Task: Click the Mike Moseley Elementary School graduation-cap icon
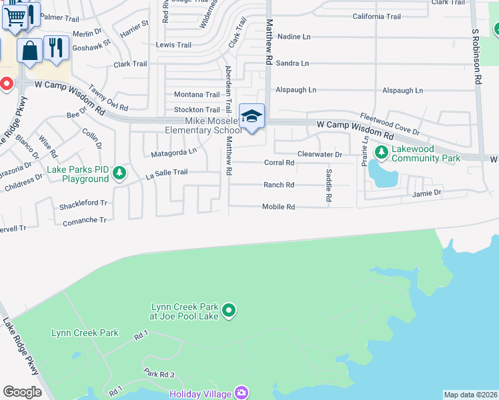tap(252, 116)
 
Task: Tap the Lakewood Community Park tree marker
tap(382, 152)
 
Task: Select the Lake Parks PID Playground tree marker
tap(119, 173)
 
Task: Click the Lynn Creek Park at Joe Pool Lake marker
tap(229, 310)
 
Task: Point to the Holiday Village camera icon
tap(241, 393)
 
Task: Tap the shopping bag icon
tap(29, 50)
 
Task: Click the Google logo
tap(22, 392)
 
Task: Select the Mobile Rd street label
tap(278, 207)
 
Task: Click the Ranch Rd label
tap(279, 185)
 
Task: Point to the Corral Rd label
tap(279, 163)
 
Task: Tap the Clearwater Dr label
tap(320, 155)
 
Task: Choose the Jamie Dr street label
tap(427, 193)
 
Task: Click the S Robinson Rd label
tap(476, 56)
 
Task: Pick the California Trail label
tap(377, 17)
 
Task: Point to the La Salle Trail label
tap(167, 173)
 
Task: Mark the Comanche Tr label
tap(85, 221)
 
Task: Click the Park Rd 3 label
tap(159, 375)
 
